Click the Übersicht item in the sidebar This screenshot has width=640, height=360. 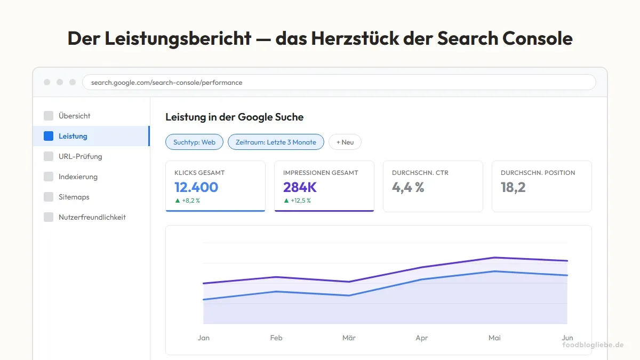pos(74,116)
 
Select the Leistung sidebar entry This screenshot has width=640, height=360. pos(73,136)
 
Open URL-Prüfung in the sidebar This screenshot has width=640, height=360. pos(80,156)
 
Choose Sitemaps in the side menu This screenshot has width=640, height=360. pos(74,197)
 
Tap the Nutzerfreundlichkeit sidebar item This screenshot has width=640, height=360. pos(92,217)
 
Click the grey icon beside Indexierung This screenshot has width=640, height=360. pos(49,177)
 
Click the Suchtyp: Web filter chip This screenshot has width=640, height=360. pos(194,142)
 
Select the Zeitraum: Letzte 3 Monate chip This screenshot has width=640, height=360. pos(276,142)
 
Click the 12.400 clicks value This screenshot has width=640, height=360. pos(196,187)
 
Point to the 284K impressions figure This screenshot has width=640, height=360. pos(300,187)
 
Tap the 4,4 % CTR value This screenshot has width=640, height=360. pos(408,187)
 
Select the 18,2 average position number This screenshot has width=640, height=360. pos(513,187)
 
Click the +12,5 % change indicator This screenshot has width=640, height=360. pos(297,201)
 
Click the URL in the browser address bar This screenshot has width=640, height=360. pos(166,83)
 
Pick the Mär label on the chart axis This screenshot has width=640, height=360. pos(349,338)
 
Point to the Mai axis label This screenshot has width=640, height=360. pos(494,338)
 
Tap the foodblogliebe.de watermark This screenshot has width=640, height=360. pos(593,345)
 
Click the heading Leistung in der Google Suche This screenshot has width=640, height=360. pos(234,117)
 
